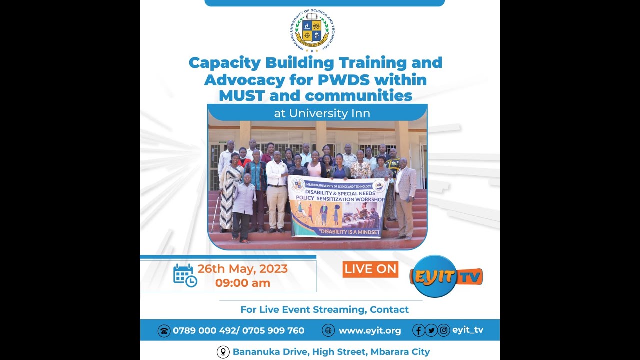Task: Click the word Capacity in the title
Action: point(225,63)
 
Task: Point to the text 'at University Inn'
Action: point(322,113)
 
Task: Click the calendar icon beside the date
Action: point(185,276)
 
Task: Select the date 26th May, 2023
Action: point(243,269)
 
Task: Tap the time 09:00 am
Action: point(243,283)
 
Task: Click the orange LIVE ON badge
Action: point(370,269)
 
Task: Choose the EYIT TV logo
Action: point(446,276)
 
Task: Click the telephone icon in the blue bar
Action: point(164,331)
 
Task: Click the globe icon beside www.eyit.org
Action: point(328,330)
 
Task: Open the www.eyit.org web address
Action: point(370,331)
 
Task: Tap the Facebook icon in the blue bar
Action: point(419,330)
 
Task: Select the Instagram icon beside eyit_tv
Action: point(444,330)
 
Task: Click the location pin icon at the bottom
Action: point(223,352)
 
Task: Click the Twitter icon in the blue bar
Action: point(431,330)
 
